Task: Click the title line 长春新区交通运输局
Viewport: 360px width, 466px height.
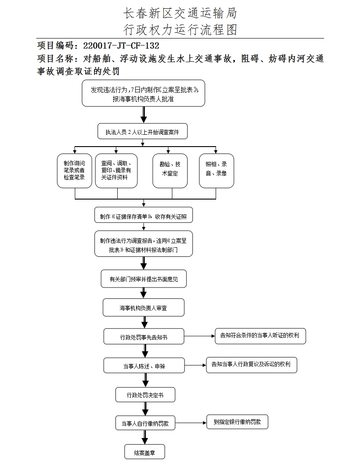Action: coord(180,13)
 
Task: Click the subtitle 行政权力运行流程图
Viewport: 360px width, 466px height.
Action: coord(180,29)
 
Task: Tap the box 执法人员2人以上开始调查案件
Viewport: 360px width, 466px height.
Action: coord(142,132)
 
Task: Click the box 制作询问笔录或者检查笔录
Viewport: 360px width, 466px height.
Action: coord(74,171)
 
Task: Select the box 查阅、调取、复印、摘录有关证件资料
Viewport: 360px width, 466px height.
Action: coord(116,171)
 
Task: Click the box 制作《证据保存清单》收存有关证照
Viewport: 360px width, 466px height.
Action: coord(143,216)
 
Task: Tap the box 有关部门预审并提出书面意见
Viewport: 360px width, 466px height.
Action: coord(144,279)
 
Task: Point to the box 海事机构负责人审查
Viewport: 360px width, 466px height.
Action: coord(143,308)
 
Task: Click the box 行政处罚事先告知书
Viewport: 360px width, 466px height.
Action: coord(144,337)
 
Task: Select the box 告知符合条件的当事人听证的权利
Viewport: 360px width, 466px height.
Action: coord(260,336)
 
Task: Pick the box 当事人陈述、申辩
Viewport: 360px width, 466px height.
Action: coord(144,366)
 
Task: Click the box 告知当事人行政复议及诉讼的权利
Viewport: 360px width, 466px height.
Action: coord(251,364)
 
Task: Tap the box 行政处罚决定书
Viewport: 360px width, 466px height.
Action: coord(145,395)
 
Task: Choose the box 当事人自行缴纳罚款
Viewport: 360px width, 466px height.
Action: coord(145,424)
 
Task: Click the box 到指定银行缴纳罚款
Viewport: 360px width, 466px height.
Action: coord(237,422)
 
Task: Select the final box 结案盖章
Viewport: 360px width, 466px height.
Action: coord(144,452)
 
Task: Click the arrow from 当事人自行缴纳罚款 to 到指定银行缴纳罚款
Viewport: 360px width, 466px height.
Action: coord(191,423)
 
